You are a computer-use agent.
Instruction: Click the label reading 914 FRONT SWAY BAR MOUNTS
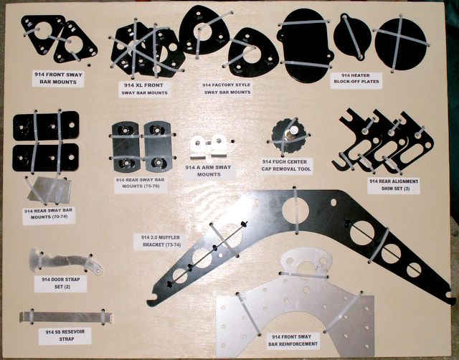(58, 78)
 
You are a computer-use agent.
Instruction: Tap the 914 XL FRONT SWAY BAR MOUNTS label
(145, 89)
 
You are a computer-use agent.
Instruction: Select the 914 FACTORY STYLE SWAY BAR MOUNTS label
(227, 88)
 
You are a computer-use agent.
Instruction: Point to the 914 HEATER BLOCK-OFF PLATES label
(356, 78)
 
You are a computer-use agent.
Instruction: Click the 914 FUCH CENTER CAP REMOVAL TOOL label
(286, 166)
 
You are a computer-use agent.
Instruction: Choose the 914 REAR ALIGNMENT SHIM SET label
(394, 185)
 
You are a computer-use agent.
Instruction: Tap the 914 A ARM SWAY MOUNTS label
(209, 171)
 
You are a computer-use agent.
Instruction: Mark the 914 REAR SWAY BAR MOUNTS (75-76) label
(141, 183)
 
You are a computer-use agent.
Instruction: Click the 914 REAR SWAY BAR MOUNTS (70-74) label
(49, 214)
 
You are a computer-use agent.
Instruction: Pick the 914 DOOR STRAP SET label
(60, 283)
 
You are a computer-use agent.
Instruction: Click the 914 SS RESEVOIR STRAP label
(65, 336)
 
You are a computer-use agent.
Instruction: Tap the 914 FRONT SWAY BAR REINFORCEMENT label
(293, 341)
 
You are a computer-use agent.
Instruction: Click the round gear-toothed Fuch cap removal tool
(288, 136)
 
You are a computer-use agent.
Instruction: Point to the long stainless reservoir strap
(65, 317)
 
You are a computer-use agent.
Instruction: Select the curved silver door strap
(65, 261)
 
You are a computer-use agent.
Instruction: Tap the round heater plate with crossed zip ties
(400, 43)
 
